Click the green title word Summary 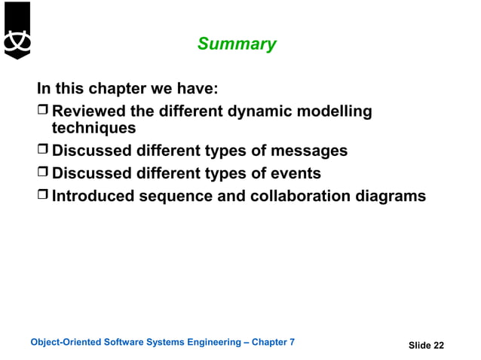coord(237,44)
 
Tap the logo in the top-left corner coord(17,30)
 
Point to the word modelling coord(336,112)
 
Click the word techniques coord(93,128)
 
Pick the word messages coord(309,151)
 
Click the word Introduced coord(93,197)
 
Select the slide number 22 coord(439,345)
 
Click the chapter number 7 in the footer coord(292,343)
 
